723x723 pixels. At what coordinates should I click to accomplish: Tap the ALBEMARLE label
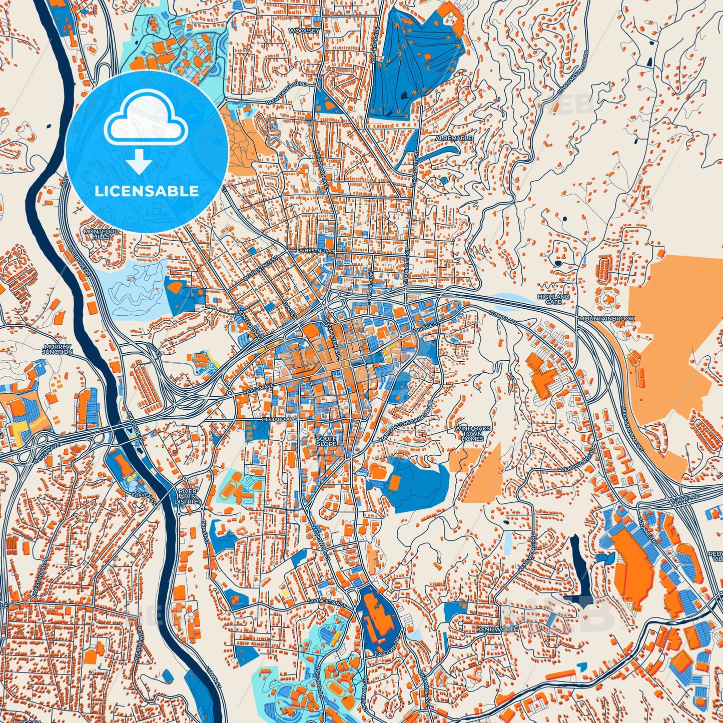tap(446, 138)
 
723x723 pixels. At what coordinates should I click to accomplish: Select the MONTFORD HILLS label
tap(102, 234)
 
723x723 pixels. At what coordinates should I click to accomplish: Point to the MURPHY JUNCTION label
tap(58, 349)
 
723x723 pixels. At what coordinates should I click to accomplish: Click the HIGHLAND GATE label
tap(553, 299)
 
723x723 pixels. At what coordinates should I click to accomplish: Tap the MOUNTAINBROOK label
tap(606, 318)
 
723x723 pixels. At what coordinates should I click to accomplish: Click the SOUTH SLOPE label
tap(326, 441)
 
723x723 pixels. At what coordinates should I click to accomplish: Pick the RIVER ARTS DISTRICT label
tap(188, 496)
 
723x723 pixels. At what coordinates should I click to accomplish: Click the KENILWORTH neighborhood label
tap(497, 629)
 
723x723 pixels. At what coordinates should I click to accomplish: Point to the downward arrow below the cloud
tap(140, 163)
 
